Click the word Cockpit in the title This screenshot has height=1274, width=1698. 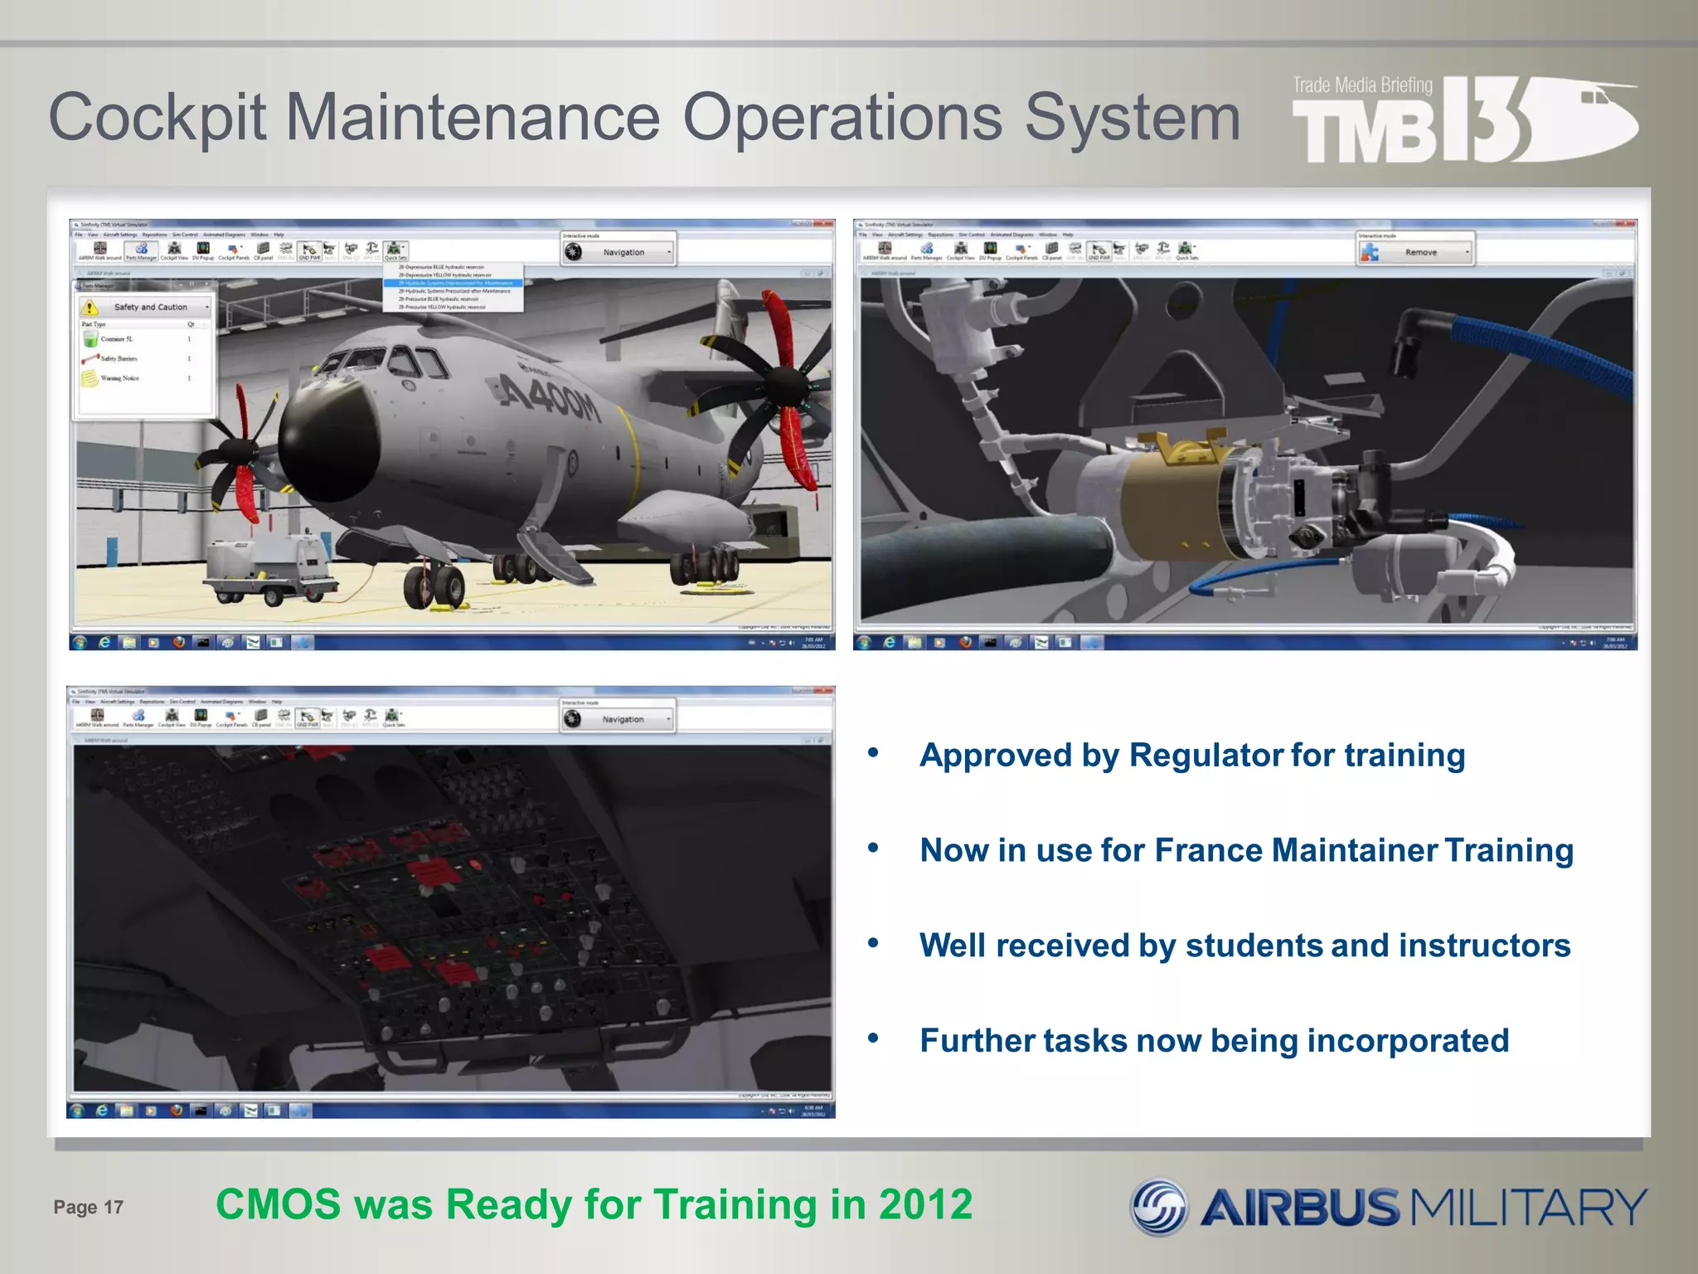tap(158, 119)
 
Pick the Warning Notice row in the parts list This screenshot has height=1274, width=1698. tap(120, 378)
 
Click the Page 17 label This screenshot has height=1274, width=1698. tap(88, 1207)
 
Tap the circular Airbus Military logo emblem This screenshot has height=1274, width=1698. tap(1159, 1207)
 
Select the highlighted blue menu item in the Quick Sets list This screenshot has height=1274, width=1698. tap(454, 283)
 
